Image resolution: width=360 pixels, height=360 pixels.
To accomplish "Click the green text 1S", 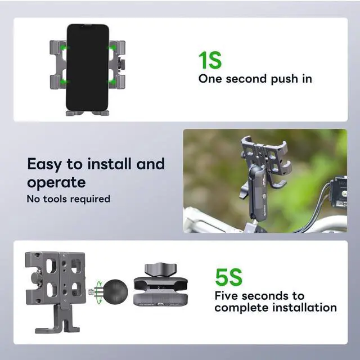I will (210, 60).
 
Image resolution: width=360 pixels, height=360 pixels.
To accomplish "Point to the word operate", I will (56, 182).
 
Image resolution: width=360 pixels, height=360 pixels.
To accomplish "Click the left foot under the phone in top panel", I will (73, 113).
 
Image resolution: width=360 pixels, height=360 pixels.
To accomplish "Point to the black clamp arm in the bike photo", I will (258, 191).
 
